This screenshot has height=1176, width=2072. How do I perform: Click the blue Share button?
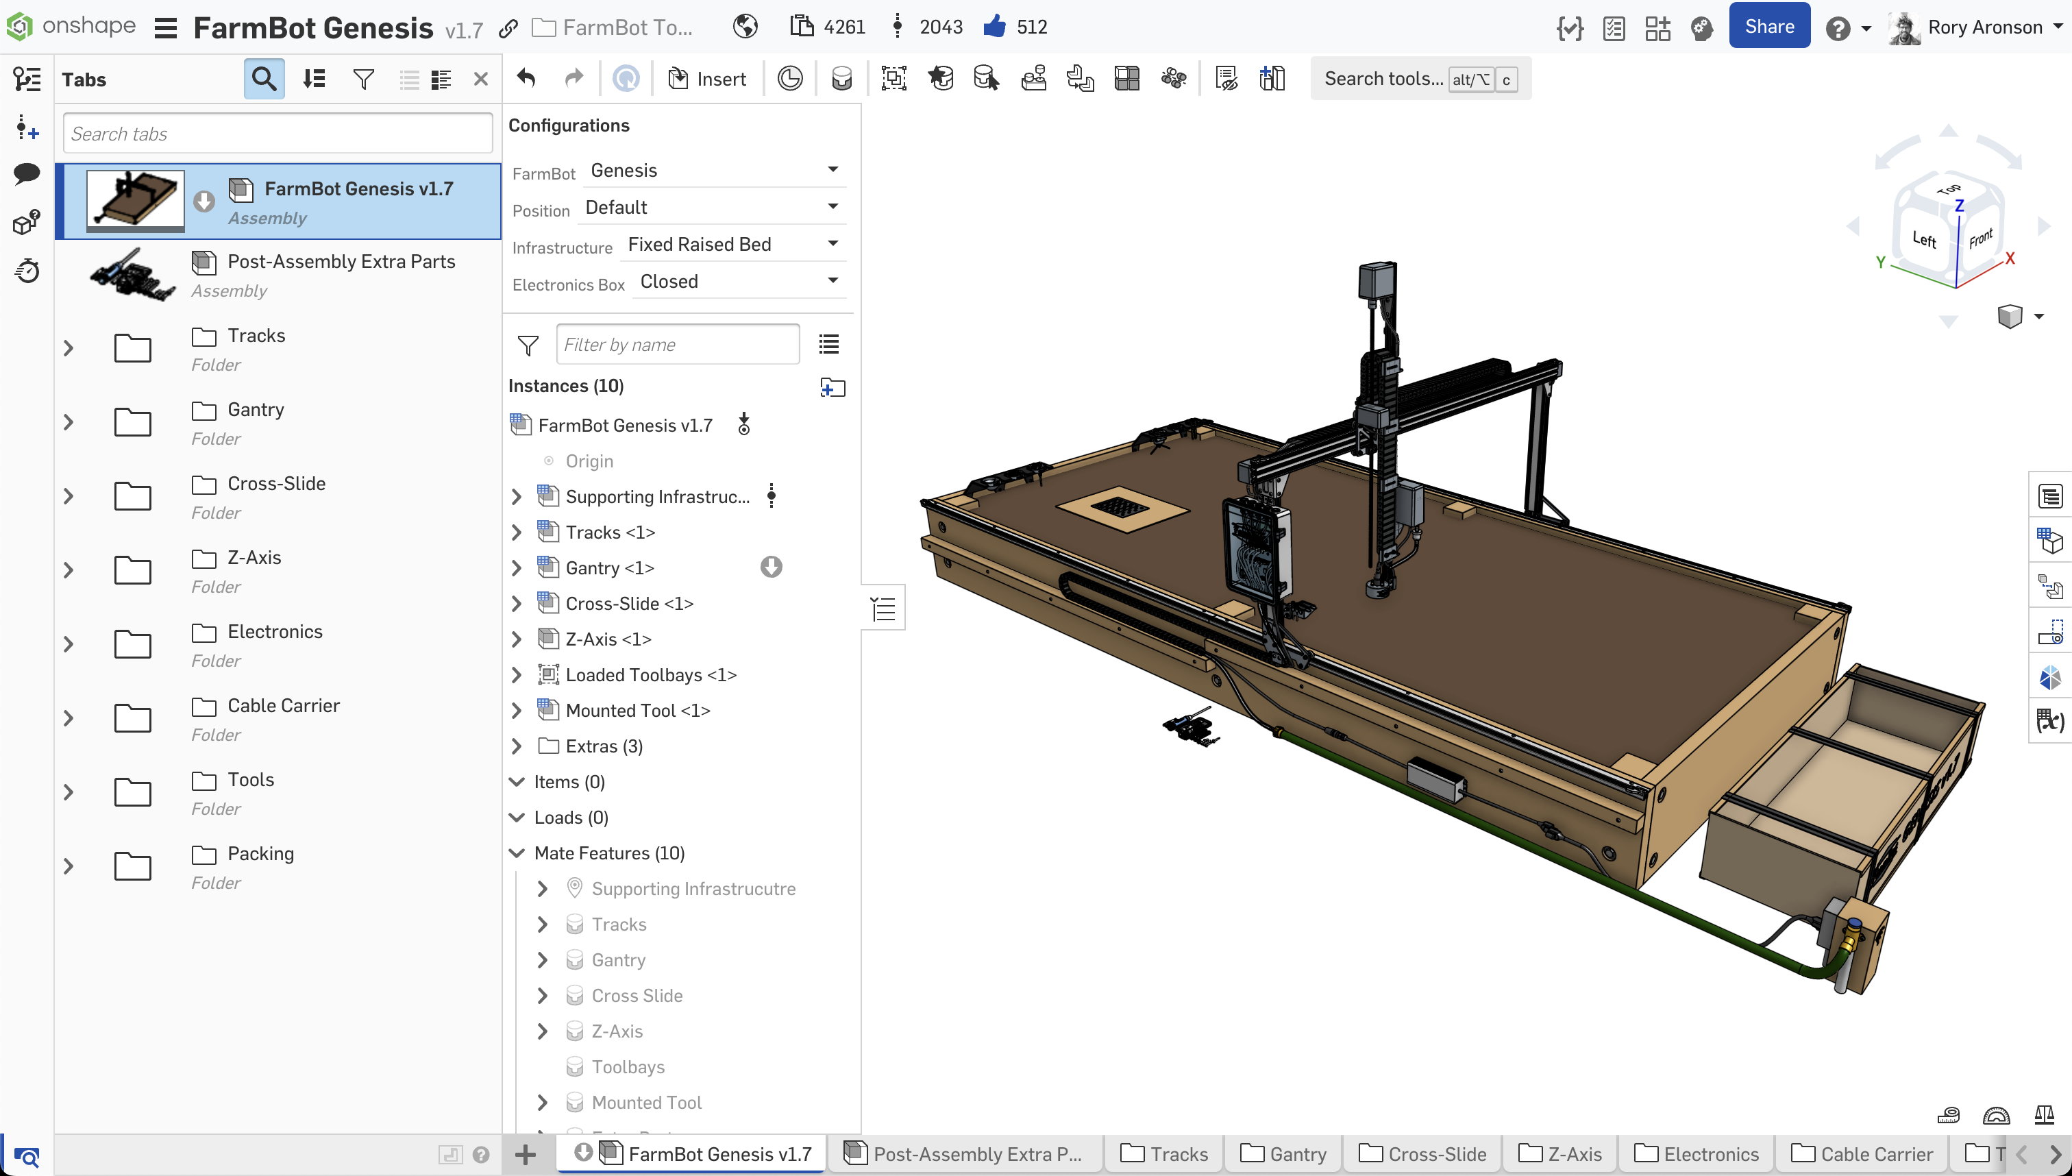click(1768, 27)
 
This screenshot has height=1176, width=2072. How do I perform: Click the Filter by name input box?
click(677, 344)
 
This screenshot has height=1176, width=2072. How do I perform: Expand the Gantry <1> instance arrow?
click(517, 568)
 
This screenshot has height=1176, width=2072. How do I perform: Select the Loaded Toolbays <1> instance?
click(650, 674)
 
